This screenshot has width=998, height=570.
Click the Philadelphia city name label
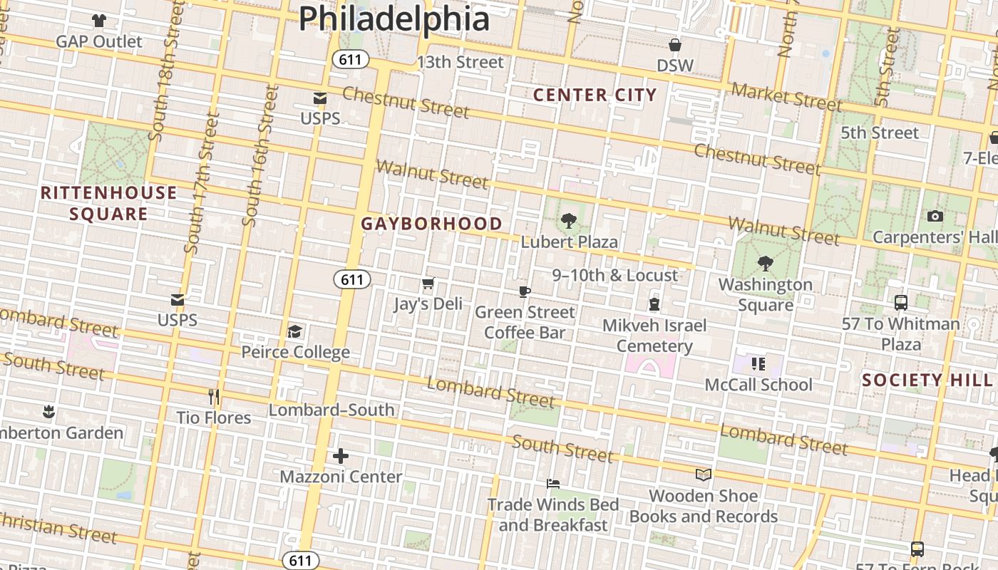pyautogui.click(x=393, y=19)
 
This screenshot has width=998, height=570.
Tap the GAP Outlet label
pyautogui.click(x=99, y=41)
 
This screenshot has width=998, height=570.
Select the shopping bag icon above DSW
pyautogui.click(x=674, y=46)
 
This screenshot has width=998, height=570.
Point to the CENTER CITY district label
pyautogui.click(x=595, y=95)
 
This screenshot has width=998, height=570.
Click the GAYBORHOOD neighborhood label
pyautogui.click(x=431, y=224)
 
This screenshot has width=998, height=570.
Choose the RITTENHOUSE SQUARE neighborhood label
pyautogui.click(x=108, y=203)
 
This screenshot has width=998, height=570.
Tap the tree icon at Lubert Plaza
pyautogui.click(x=568, y=221)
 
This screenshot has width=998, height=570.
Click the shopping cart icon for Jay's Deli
pyautogui.click(x=428, y=284)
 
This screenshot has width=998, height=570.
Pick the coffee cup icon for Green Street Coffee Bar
pyautogui.click(x=525, y=292)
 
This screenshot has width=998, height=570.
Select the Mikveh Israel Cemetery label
pyautogui.click(x=654, y=336)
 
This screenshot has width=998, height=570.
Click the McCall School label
pyautogui.click(x=758, y=385)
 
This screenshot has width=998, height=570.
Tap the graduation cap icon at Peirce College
pyautogui.click(x=294, y=332)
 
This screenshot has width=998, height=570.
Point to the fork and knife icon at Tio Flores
pyautogui.click(x=213, y=397)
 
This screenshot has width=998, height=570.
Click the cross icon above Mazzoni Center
pyautogui.click(x=341, y=455)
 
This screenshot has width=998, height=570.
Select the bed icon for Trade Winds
pyautogui.click(x=552, y=484)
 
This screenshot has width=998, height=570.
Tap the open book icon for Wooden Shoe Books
pyautogui.click(x=703, y=475)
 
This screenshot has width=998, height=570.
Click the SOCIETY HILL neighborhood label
pyautogui.click(x=927, y=380)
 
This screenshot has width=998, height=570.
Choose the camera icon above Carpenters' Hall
pyautogui.click(x=935, y=216)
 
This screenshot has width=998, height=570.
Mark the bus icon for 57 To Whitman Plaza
pyautogui.click(x=901, y=303)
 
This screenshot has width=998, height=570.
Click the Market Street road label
pyautogui.click(x=786, y=97)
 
